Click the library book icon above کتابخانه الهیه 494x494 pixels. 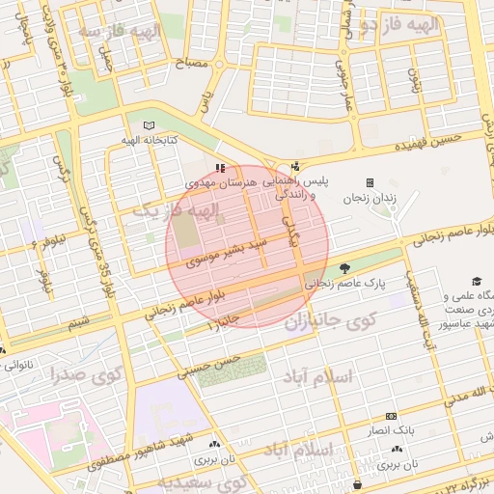pos(148,125)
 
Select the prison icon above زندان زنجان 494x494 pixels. pos(370,182)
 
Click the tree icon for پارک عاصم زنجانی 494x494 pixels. pos(345,269)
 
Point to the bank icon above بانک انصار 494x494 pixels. pos(390,415)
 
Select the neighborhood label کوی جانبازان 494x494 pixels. pos(328,319)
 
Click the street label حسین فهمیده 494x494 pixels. pos(429,145)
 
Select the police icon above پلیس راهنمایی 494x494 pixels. pos(295,166)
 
